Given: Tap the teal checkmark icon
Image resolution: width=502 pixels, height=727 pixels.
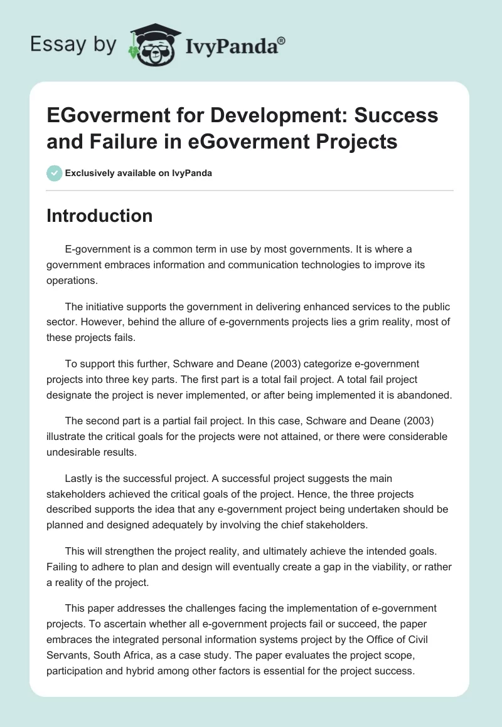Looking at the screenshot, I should (x=54, y=173).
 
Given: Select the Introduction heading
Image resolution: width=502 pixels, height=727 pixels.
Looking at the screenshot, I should (x=99, y=216).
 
